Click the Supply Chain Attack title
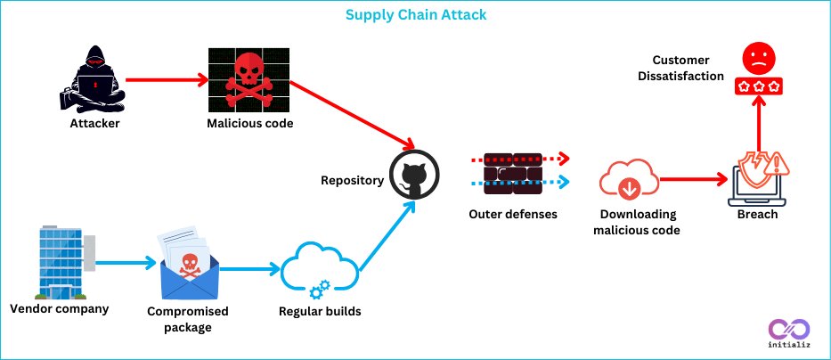pyautogui.click(x=415, y=14)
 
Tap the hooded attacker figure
pyautogui.click(x=93, y=79)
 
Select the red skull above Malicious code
pyautogui.click(x=248, y=80)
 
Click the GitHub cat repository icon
pyautogui.click(x=414, y=175)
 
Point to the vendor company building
pyautogui.click(x=62, y=262)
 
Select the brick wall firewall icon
pyautogui.click(x=512, y=173)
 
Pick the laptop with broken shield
pyautogui.click(x=758, y=179)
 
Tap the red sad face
pyautogui.click(x=759, y=58)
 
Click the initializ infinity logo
pyautogui.click(x=789, y=333)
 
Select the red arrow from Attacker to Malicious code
pyautogui.click(x=167, y=80)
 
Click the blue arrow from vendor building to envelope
pyautogui.click(x=126, y=262)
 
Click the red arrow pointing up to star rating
pyautogui.click(x=759, y=124)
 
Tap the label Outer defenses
pyautogui.click(x=512, y=214)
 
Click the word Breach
pyautogui.click(x=757, y=214)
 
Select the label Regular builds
pyautogui.click(x=320, y=311)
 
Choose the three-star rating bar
pyautogui.click(x=759, y=86)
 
